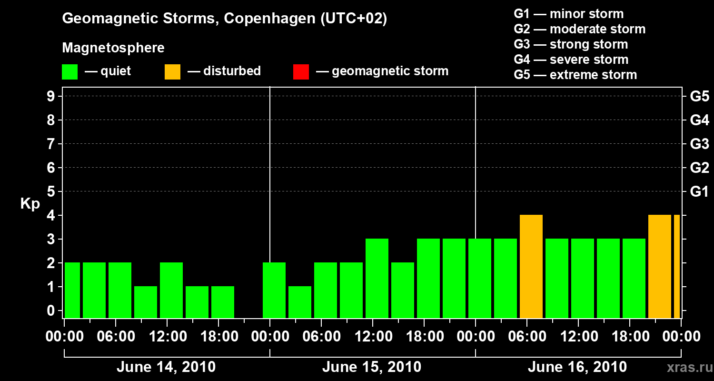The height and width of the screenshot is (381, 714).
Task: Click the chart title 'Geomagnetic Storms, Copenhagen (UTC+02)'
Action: click(224, 19)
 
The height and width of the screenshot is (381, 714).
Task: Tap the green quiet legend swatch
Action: click(70, 71)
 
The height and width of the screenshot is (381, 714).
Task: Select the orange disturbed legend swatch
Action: click(172, 71)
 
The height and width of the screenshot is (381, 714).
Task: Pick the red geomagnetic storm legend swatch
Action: click(301, 71)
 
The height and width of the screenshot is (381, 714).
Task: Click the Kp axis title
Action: click(30, 204)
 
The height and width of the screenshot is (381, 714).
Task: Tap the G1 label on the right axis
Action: click(699, 192)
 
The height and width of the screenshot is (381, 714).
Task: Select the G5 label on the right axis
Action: click(699, 97)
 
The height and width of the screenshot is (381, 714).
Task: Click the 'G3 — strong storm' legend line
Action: click(571, 44)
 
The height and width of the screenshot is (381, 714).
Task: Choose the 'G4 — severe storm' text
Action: click(571, 60)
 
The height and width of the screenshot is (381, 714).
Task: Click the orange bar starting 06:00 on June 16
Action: click(531, 267)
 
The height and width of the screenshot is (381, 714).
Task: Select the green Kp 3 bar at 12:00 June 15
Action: click(377, 279)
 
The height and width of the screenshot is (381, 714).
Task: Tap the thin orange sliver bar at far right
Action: click(677, 267)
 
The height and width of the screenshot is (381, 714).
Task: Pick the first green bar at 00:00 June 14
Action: click(72, 291)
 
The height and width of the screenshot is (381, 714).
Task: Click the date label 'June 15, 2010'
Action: click(371, 367)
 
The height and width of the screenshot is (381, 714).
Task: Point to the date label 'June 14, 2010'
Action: click(166, 367)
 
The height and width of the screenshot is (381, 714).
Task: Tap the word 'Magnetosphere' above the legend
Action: click(113, 48)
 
